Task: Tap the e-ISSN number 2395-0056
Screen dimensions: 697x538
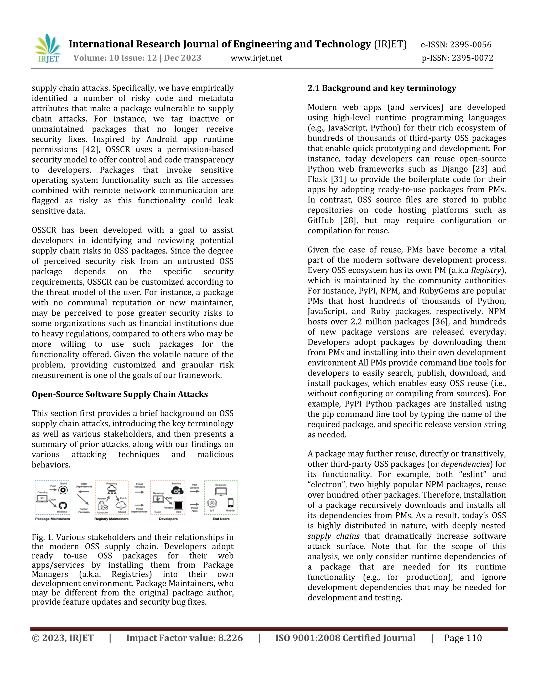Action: coord(470,45)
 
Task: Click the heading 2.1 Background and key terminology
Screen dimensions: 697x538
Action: coord(381,88)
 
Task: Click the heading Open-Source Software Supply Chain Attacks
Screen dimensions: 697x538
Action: coord(120,394)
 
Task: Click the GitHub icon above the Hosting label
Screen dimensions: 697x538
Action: coord(63,506)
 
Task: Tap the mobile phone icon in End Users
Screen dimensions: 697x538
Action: coord(230,503)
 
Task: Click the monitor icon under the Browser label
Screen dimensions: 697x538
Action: coord(221,492)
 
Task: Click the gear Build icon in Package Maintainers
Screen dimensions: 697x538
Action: coord(63,490)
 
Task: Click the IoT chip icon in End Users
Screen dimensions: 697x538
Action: coord(212,503)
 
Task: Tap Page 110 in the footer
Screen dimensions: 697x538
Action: coord(463,638)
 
